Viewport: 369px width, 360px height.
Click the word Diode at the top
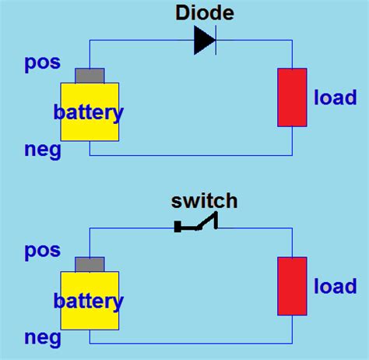click(205, 12)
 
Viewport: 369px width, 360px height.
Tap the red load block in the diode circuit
click(292, 97)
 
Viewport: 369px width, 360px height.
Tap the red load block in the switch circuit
click(292, 285)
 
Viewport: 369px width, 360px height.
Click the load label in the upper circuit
click(336, 98)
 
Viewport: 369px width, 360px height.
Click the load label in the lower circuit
click(336, 287)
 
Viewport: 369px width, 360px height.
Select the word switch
click(204, 201)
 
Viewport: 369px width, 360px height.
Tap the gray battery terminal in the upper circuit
click(90, 76)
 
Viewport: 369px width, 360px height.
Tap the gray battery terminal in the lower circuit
click(90, 264)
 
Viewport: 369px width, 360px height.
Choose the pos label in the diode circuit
click(42, 63)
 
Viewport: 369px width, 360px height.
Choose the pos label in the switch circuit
click(42, 252)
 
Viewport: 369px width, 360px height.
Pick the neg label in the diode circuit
click(42, 150)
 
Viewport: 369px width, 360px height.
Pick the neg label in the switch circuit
click(42, 338)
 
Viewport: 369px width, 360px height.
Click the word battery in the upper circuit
click(89, 113)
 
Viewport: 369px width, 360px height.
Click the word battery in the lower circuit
click(89, 301)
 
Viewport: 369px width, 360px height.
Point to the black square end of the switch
click(177, 228)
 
